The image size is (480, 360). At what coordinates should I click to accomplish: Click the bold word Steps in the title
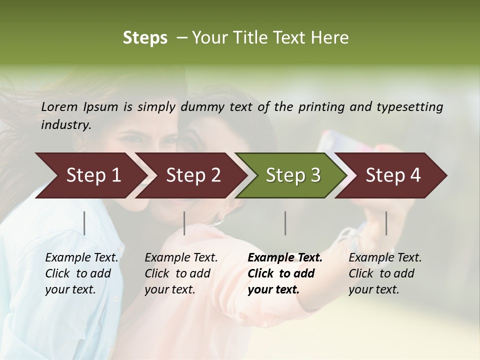[145, 38]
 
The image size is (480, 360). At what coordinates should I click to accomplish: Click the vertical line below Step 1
[84, 223]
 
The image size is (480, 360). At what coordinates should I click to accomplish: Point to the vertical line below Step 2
[184, 223]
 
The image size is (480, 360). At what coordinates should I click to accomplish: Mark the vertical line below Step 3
[285, 223]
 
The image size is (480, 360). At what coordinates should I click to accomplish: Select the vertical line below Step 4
[386, 223]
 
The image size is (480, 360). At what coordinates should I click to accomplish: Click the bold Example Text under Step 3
[285, 258]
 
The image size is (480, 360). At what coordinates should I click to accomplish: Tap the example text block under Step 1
[81, 273]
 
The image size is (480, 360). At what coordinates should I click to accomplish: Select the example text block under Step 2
[181, 273]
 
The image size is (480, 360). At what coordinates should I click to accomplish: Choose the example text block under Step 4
[385, 273]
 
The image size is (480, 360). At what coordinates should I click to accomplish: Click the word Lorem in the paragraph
[59, 107]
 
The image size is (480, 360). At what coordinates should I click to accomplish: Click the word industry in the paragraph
[65, 125]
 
